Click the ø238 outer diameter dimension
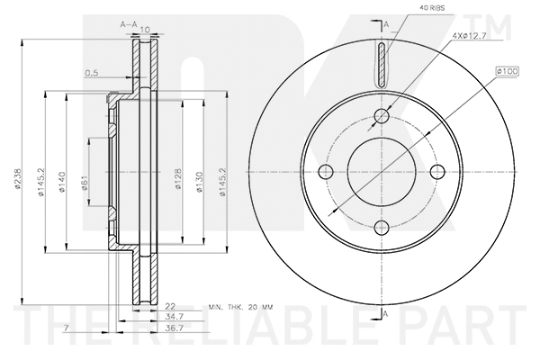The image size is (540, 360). point(17,179)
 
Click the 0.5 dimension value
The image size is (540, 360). point(91,73)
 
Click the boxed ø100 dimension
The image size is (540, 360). point(505,69)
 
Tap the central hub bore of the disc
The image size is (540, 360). point(383,171)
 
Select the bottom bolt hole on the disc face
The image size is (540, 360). point(383,227)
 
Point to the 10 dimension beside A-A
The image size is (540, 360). point(143,30)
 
